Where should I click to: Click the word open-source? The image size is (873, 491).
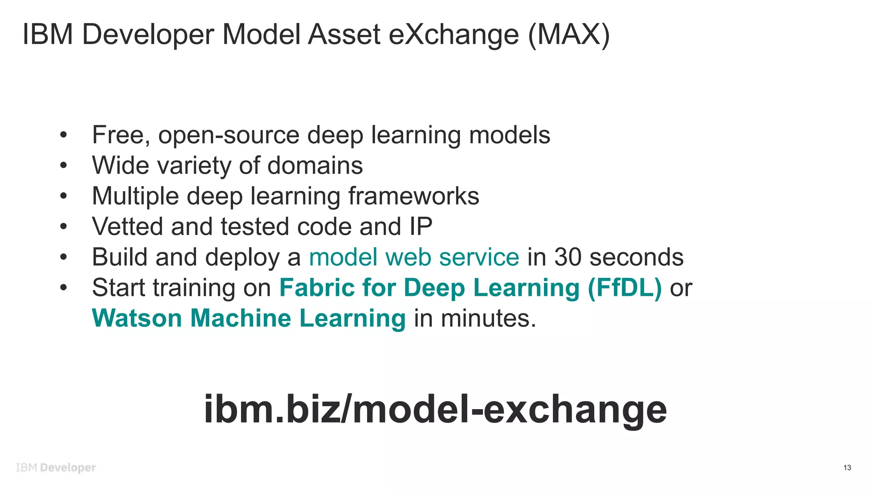click(x=228, y=136)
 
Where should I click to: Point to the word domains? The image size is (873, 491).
click(x=315, y=165)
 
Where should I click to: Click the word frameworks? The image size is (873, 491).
click(x=413, y=196)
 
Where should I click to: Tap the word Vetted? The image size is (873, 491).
click(x=127, y=226)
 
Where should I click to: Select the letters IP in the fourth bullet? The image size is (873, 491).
click(x=421, y=226)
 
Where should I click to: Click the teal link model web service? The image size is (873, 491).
click(x=414, y=257)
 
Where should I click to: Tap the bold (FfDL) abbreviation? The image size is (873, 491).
click(x=624, y=288)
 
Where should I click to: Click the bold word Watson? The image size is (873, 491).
click(x=137, y=318)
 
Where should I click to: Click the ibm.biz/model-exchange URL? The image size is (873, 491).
click(x=435, y=409)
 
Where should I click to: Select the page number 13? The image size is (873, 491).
click(x=847, y=468)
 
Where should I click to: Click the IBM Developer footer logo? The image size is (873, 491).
click(x=56, y=468)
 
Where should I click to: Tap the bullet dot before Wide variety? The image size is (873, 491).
click(x=64, y=165)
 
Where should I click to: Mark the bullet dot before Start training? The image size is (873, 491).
click(x=64, y=288)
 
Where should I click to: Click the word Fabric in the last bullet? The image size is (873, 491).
click(x=317, y=288)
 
